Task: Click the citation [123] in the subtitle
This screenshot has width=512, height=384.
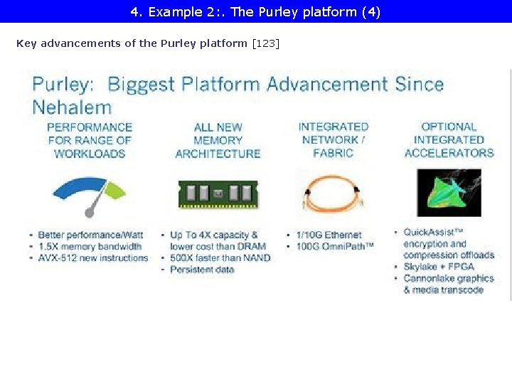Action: tap(266, 43)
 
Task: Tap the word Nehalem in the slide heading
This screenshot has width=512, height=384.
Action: tap(72, 107)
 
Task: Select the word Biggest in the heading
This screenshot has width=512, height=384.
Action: tap(140, 85)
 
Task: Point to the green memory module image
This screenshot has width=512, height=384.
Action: tap(218, 195)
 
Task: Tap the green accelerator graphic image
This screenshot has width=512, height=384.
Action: tap(449, 193)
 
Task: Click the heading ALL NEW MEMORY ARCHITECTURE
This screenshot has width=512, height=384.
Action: tap(218, 140)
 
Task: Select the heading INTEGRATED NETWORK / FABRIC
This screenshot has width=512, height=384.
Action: tap(334, 139)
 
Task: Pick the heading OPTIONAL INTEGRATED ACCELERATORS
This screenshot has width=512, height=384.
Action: tap(449, 139)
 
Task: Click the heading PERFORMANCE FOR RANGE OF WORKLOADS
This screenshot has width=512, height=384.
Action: tap(90, 140)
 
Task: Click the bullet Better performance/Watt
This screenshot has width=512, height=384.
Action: tap(90, 235)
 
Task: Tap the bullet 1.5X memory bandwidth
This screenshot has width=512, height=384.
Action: tap(90, 246)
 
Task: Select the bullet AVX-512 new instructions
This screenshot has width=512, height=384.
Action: tap(93, 257)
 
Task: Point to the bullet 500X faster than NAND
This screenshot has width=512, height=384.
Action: tap(220, 257)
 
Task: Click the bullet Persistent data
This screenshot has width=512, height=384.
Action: tap(202, 270)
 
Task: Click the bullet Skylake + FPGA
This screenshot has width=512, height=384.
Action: tap(439, 267)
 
